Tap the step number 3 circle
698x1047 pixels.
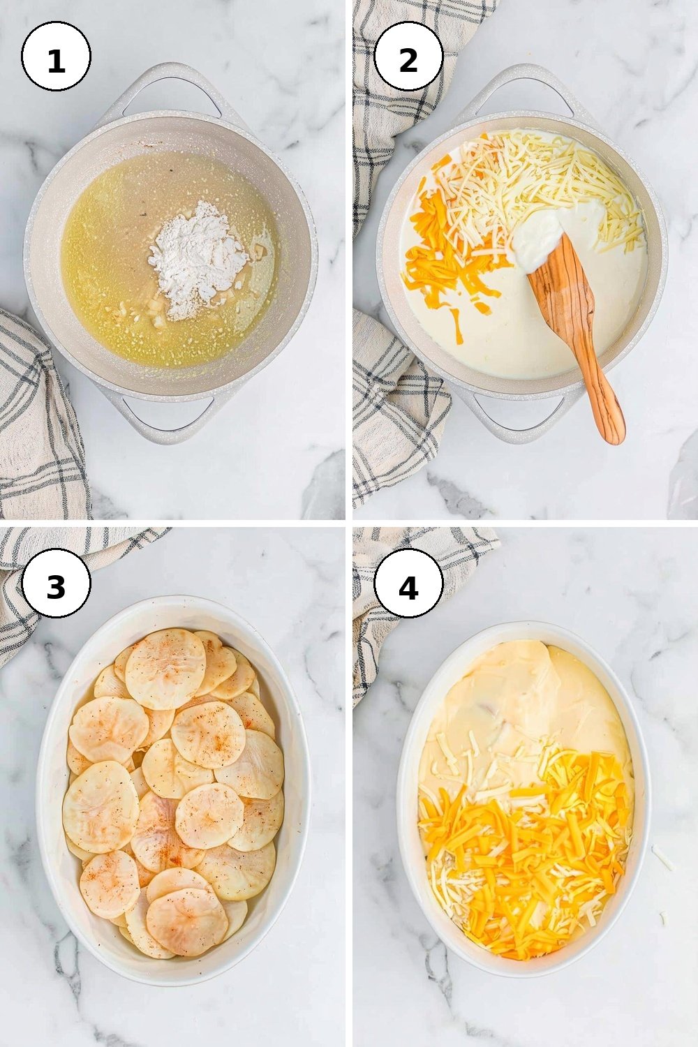click(56, 583)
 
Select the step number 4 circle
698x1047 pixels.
click(408, 583)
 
